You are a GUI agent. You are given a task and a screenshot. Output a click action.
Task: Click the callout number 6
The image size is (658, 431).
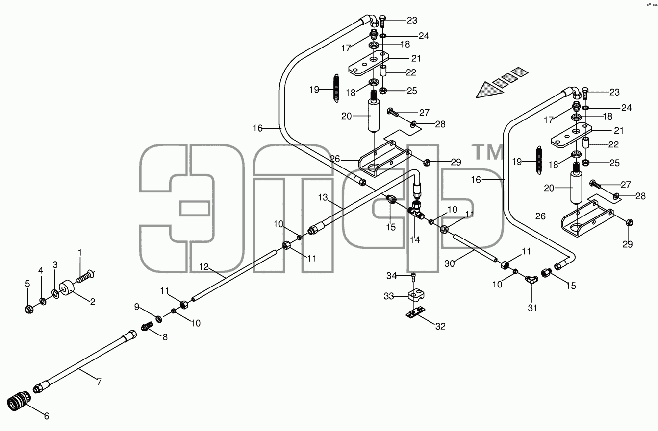pyautogui.click(x=47, y=416)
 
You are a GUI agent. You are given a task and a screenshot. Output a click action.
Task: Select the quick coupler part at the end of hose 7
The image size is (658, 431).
pyautogui.click(x=19, y=401)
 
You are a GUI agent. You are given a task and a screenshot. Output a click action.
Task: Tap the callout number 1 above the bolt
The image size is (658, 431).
pyautogui.click(x=79, y=253)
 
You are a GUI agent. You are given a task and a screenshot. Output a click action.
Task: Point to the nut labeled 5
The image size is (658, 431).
pyautogui.click(x=29, y=309)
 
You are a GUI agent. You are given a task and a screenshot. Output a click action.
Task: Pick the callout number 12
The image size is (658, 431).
pyautogui.click(x=203, y=267)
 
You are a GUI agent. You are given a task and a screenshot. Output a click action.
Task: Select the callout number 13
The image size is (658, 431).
pyautogui.click(x=323, y=197)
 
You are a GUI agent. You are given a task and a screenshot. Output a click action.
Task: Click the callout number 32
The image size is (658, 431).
pyautogui.click(x=440, y=326)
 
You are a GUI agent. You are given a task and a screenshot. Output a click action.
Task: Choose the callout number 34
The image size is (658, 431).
pyautogui.click(x=391, y=276)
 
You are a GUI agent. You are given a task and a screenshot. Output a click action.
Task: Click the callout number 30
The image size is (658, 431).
pyautogui.click(x=450, y=264)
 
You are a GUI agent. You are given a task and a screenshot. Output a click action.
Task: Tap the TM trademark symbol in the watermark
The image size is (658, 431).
pyautogui.click(x=488, y=152)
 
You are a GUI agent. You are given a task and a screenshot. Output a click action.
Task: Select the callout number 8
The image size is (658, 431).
pyautogui.click(x=165, y=337)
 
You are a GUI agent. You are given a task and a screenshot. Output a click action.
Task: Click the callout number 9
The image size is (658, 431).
pyautogui.click(x=137, y=307)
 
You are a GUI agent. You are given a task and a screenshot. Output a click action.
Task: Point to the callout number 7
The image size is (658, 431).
pyautogui.click(x=99, y=382)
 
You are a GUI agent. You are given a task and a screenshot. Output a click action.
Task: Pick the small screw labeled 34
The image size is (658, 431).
pyautogui.click(x=414, y=277)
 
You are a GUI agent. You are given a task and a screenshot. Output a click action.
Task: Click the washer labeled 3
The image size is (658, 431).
pyautogui.click(x=55, y=294)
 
